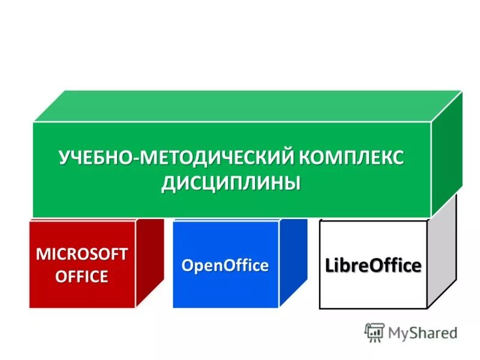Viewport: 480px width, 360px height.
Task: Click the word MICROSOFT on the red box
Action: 82,254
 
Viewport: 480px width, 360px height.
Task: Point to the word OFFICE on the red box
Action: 82,276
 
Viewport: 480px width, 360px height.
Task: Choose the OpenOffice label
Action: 225,265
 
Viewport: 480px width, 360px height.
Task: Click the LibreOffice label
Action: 373,265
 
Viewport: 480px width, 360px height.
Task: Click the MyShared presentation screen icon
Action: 374,332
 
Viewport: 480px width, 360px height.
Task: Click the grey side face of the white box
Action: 442,252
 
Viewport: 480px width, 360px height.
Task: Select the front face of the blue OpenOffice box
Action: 225,291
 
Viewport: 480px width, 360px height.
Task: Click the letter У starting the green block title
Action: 64,159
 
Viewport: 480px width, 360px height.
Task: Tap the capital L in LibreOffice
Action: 330,265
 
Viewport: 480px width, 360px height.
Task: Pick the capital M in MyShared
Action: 394,332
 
